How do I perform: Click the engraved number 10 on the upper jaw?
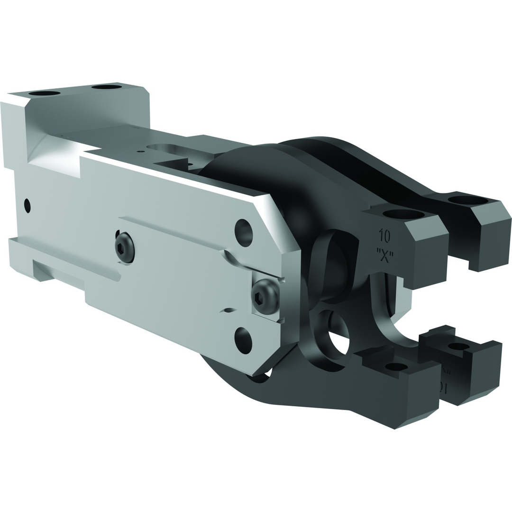(x=384, y=236)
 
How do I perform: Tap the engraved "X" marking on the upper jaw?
(x=385, y=256)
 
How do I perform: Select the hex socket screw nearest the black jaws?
(x=265, y=296)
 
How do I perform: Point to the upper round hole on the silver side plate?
(x=244, y=233)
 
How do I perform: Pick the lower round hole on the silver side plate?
(x=244, y=340)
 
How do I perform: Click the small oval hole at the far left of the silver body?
(x=27, y=206)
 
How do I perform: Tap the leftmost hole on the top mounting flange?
(x=44, y=93)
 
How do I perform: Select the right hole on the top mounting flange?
(x=107, y=87)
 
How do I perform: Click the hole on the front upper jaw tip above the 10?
(x=403, y=214)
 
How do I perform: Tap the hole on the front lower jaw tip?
(x=396, y=366)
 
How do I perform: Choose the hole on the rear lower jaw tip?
(x=458, y=347)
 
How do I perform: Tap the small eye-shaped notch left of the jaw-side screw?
(x=229, y=310)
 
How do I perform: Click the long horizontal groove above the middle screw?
(x=171, y=232)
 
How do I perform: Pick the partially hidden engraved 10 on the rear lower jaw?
(x=443, y=386)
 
